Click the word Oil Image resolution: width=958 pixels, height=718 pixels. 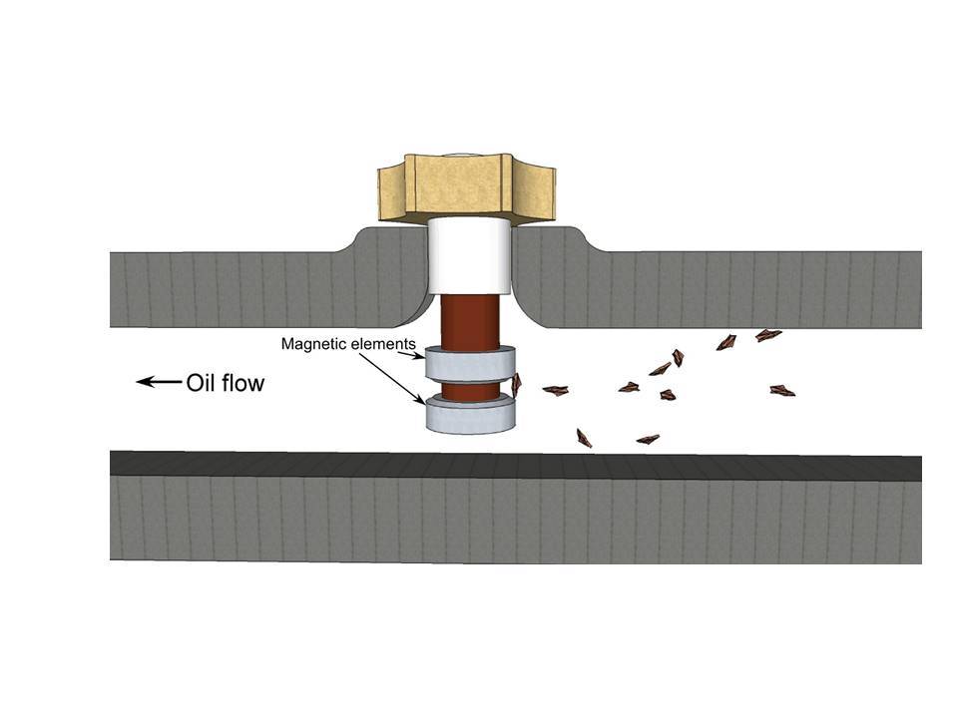201,383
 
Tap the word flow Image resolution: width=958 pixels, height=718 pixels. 243,383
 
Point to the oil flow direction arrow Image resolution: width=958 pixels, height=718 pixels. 159,383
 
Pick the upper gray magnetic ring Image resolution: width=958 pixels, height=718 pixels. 470,364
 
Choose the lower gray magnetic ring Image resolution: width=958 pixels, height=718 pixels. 470,414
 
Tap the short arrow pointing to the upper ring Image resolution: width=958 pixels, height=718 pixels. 415,355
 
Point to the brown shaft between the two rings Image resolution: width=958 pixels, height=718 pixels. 470,391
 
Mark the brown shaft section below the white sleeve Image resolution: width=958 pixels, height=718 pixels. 470,322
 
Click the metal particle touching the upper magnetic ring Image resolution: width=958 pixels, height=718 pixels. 516,385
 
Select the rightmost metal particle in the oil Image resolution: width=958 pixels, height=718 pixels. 782,391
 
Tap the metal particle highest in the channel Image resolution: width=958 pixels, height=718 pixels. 768,335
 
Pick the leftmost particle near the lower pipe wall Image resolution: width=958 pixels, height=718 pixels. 584,438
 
